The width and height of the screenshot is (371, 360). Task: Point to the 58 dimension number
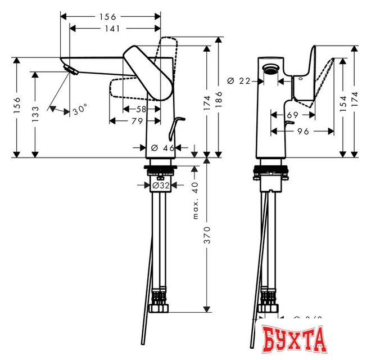[141, 108]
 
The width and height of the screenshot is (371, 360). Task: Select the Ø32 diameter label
[162, 184]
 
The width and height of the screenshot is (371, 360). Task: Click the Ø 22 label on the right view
[239, 81]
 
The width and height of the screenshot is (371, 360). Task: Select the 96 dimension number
[304, 132]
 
